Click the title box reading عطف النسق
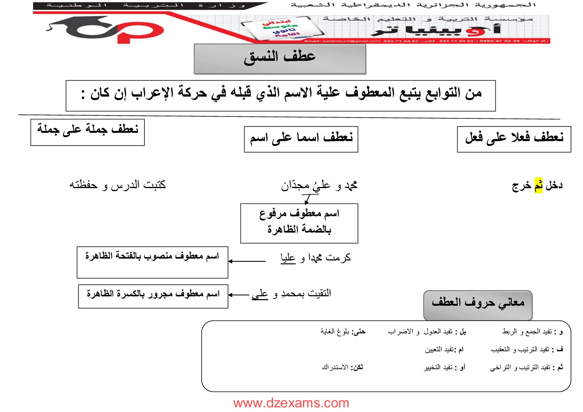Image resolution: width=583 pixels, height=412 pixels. tap(280, 58)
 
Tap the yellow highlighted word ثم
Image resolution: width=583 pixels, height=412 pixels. tap(538, 185)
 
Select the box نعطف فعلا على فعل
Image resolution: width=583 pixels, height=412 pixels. tap(514, 139)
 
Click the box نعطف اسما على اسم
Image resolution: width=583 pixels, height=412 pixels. tap(301, 139)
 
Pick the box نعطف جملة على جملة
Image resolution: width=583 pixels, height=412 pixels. tap(88, 132)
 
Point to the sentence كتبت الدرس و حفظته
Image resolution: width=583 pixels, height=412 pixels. tap(118, 185)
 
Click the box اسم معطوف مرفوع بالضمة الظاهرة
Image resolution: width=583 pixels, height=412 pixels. tap(299, 223)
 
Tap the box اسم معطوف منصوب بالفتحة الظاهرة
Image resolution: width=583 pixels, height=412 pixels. tap(152, 262)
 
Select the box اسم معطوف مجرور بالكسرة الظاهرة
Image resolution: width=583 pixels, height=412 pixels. tap(153, 296)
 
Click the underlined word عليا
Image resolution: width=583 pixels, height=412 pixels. tap(288, 258)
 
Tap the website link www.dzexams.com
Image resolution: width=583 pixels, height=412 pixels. tap(291, 403)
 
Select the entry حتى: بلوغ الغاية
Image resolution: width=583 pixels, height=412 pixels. tap(343, 331)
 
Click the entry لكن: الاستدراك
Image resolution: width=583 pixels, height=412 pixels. tap(342, 367)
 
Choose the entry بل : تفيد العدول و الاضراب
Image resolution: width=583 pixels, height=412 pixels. tap(427, 331)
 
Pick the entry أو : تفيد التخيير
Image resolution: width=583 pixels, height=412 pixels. tap(444, 367)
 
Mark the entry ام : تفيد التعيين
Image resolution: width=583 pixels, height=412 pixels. tap(444, 350)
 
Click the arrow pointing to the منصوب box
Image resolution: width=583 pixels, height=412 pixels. tap(247, 261)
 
